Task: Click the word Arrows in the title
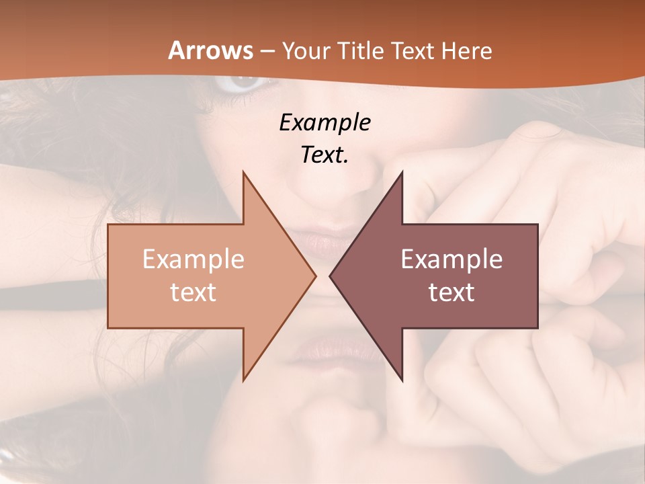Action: tap(211, 50)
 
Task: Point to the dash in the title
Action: tap(267, 51)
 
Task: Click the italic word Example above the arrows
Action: tap(325, 122)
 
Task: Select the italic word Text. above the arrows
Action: tap(325, 155)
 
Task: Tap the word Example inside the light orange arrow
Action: tap(193, 259)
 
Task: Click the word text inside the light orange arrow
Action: tap(193, 292)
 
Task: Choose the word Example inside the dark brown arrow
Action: tap(451, 259)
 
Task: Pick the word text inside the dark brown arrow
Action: tap(451, 292)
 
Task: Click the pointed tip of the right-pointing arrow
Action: tap(315, 276)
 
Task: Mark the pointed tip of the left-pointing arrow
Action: tap(330, 276)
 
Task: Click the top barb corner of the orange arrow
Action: tap(243, 172)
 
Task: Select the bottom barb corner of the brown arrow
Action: tap(402, 380)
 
